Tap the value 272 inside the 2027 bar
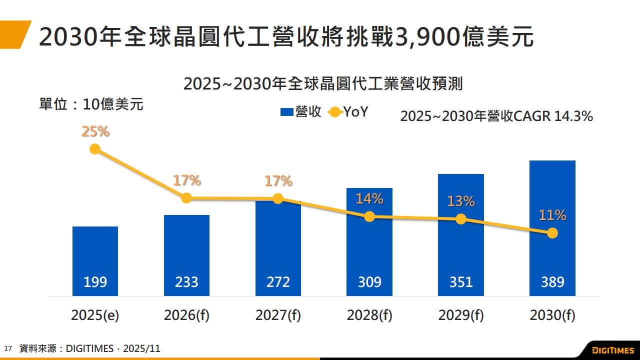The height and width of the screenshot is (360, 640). [x=278, y=282]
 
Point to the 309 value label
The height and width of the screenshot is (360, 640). [x=369, y=282]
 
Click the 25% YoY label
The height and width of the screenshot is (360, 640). [x=95, y=132]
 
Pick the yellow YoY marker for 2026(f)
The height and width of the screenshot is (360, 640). [x=186, y=198]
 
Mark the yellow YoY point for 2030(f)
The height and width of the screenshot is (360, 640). [x=552, y=233]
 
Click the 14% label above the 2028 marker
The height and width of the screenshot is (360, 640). [x=369, y=199]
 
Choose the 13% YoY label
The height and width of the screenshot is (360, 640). [x=461, y=201]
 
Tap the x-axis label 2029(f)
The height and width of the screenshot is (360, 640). [x=461, y=315]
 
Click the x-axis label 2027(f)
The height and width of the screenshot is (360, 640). [x=278, y=315]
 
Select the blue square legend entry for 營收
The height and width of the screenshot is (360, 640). [x=286, y=112]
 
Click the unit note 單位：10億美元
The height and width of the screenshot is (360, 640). [x=91, y=104]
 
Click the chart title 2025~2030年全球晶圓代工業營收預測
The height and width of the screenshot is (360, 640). [x=323, y=84]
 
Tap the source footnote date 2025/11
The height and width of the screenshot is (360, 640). [x=142, y=348]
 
